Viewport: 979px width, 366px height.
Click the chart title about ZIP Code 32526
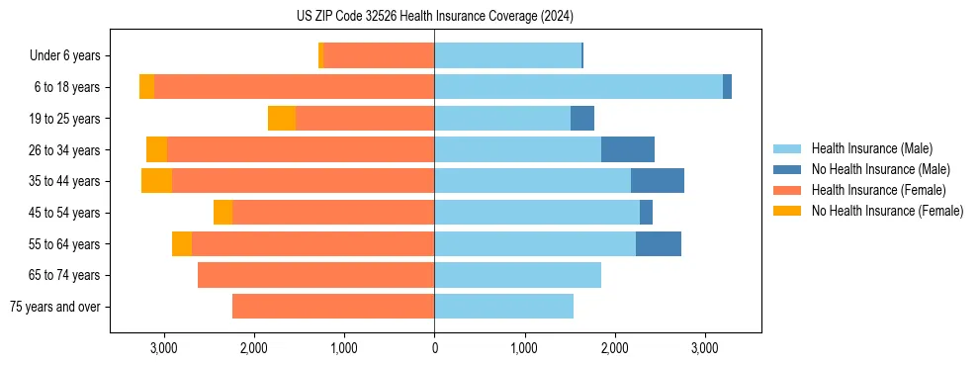click(434, 16)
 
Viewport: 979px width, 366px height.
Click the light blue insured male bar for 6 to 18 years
click(578, 87)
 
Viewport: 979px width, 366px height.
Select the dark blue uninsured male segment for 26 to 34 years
click(628, 149)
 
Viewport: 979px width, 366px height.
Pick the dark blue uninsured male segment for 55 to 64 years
click(659, 243)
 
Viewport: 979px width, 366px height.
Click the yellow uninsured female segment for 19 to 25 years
click(282, 119)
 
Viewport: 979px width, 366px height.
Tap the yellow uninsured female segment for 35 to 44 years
click(156, 181)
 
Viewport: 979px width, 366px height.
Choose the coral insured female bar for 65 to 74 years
click(316, 275)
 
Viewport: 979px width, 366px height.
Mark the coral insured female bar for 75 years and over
click(333, 307)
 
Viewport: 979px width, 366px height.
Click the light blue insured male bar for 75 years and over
click(504, 307)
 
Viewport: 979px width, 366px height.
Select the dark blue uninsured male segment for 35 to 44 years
click(658, 181)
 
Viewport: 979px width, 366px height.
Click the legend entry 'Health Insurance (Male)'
click(871, 148)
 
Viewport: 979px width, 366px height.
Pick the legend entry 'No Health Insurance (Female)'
click(887, 211)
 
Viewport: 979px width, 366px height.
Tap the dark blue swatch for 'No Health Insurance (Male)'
click(787, 169)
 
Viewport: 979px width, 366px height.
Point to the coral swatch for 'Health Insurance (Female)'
click(787, 190)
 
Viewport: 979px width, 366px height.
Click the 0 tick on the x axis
click(434, 348)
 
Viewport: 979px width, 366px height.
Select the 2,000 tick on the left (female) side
click(253, 348)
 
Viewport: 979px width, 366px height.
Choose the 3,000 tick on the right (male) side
click(704, 348)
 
